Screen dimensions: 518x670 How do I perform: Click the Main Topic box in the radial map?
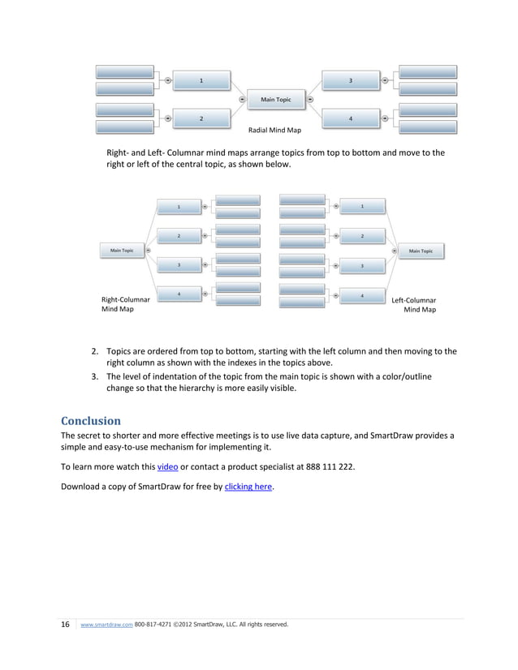tap(276, 100)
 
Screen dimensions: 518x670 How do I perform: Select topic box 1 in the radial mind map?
tap(201, 80)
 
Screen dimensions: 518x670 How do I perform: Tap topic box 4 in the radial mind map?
tap(350, 118)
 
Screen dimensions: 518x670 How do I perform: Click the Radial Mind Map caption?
tap(274, 130)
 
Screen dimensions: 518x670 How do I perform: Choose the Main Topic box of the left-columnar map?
tap(421, 251)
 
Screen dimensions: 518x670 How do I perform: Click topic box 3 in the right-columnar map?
tap(179, 265)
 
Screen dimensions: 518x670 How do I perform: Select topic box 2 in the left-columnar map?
tap(362, 236)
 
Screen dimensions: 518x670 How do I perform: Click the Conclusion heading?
tap(91, 421)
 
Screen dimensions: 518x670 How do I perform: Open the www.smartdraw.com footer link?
tap(106, 625)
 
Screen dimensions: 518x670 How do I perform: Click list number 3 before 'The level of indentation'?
tap(94, 377)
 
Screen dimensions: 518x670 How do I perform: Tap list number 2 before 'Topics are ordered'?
tap(94, 352)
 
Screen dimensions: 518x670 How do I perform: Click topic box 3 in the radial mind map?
tap(350, 80)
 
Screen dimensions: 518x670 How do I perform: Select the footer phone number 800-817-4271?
tap(153, 625)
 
